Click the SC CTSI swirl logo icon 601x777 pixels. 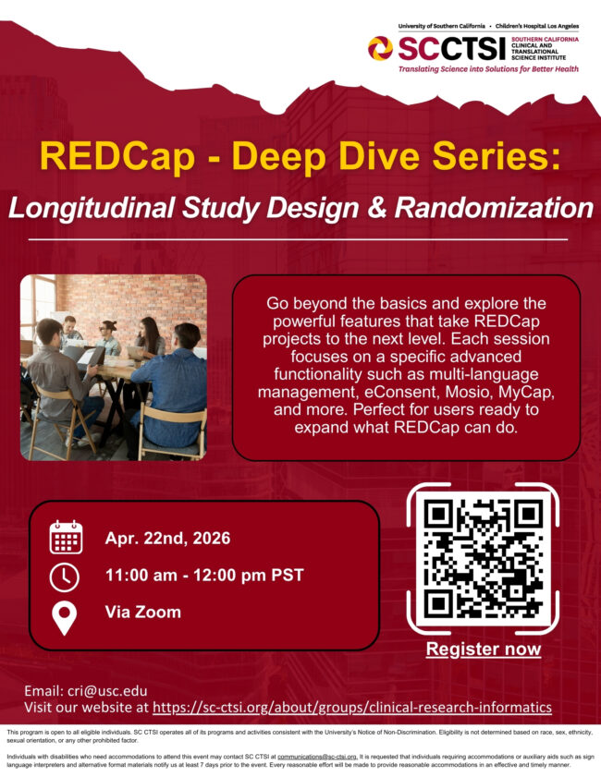(380, 45)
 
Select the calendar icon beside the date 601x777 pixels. (66, 538)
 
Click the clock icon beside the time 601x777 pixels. (65, 577)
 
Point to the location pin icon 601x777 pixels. (65, 615)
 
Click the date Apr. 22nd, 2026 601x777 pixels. (167, 539)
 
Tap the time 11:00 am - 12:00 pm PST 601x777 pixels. (204, 576)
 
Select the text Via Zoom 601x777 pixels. (143, 613)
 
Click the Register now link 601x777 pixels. (483, 650)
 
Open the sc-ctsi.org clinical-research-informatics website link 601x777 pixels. (351, 708)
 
